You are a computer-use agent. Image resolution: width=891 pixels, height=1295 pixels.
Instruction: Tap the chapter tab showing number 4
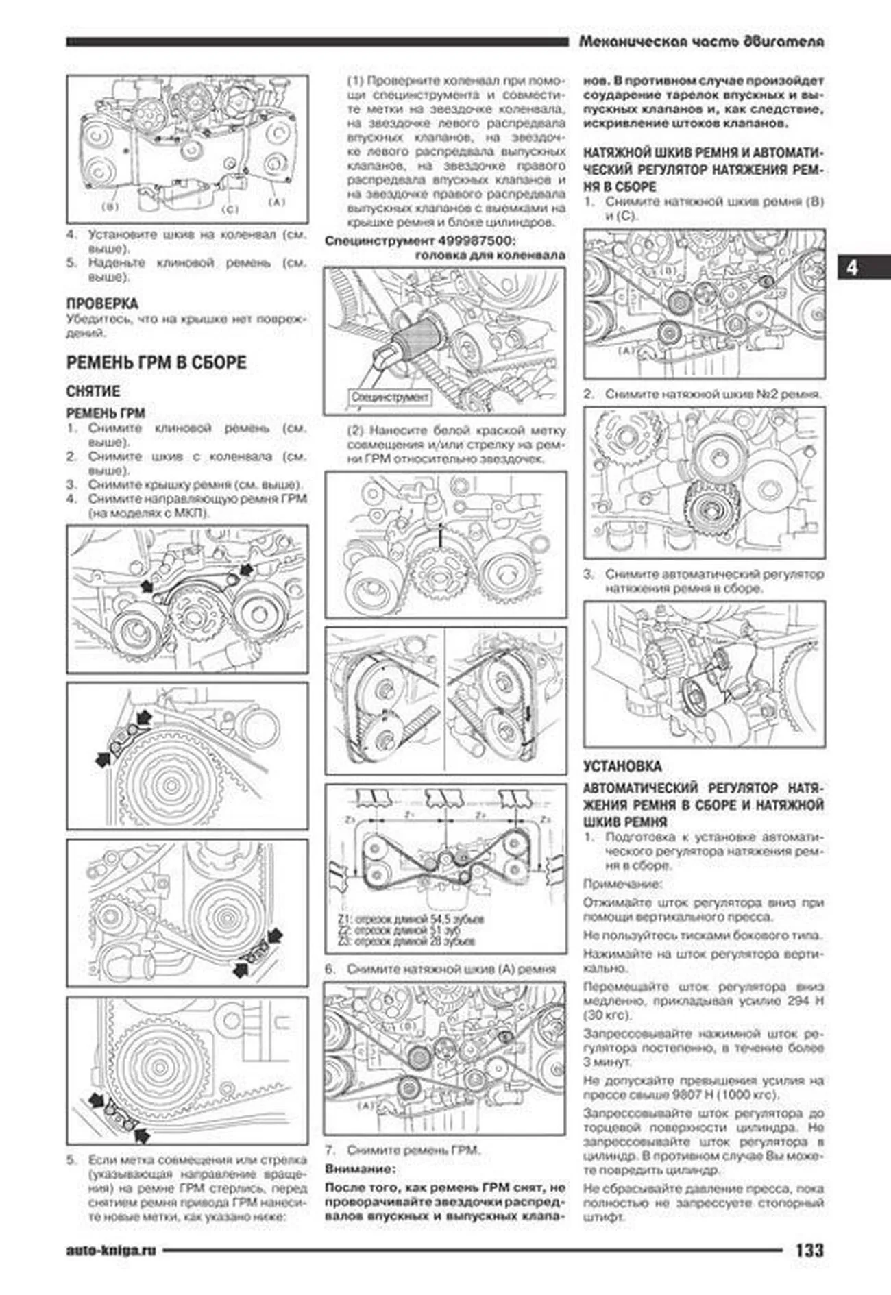[x=852, y=267]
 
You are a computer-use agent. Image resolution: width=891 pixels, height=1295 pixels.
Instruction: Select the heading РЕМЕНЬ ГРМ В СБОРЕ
[x=156, y=362]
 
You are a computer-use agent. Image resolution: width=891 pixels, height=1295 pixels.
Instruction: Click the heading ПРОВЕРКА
[x=102, y=303]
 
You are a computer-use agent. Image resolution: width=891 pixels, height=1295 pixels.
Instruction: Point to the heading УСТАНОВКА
[x=622, y=765]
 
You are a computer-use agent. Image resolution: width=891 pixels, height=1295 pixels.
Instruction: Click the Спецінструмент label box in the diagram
[x=389, y=397]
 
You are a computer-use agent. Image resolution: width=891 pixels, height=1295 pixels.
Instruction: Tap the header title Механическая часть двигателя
[x=701, y=42]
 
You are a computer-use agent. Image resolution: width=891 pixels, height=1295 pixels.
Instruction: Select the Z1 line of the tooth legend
[x=410, y=919]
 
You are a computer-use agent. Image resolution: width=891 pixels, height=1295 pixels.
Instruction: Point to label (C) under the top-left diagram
[x=230, y=209]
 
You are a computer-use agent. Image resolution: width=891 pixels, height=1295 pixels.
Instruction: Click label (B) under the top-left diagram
[x=110, y=205]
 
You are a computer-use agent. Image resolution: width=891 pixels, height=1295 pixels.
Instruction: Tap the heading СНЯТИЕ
[x=93, y=391]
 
